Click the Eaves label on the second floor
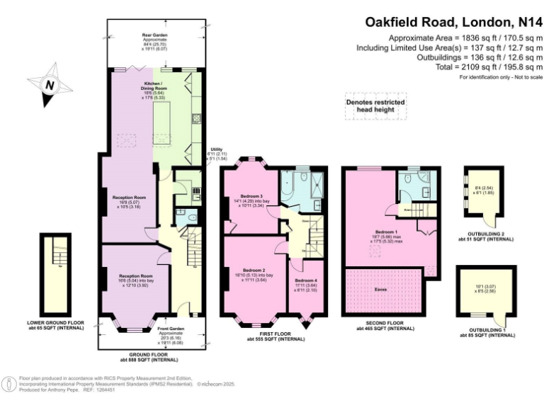point(380,290)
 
